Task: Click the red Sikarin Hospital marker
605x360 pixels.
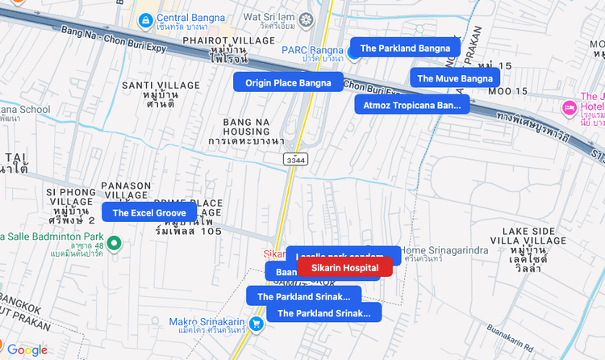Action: coord(344,267)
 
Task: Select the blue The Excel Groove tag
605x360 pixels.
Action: coord(149,212)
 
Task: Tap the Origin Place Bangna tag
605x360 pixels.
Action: coord(288,82)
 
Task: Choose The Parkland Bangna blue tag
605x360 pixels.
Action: coord(405,48)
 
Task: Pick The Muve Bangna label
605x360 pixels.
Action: coord(454,78)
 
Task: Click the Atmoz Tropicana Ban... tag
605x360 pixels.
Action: coord(411,105)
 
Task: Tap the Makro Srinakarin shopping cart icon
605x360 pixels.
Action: coord(256,324)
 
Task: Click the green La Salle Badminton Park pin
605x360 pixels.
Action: coord(115,242)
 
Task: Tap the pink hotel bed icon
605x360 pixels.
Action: coord(569,107)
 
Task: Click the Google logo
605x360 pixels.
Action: coord(27,350)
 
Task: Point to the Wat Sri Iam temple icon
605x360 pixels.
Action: coord(306,19)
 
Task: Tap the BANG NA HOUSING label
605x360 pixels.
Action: coord(245,130)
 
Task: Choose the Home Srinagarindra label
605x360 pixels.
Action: coord(444,250)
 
